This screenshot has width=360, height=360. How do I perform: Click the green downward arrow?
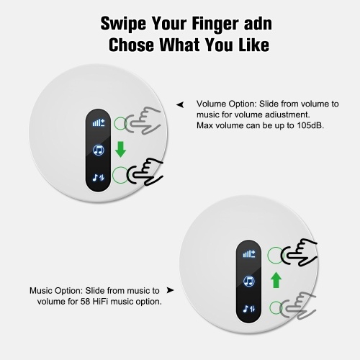point(120,149)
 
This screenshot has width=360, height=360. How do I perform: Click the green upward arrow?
point(276,280)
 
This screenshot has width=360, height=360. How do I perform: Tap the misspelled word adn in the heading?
point(258,24)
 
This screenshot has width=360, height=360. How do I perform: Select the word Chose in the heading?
point(131,45)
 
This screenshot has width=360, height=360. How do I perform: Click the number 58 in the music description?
point(85,301)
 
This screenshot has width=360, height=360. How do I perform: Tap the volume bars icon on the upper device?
point(99,123)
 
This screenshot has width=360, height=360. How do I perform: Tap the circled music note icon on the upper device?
point(99,150)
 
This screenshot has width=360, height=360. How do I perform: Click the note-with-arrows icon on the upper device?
point(99,178)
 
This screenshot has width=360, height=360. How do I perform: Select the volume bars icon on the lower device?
point(249,254)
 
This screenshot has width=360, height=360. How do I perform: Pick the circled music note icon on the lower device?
point(249,282)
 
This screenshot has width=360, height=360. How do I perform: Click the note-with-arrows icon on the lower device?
point(249,309)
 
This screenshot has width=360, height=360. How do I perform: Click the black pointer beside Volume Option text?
point(180,104)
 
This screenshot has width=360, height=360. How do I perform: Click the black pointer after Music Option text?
point(170,290)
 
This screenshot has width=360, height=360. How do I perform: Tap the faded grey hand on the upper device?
point(143,120)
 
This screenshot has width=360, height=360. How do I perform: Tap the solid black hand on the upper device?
point(145,171)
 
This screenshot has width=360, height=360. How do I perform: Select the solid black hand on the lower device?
point(300,252)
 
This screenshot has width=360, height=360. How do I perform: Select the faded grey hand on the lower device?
point(297,305)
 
